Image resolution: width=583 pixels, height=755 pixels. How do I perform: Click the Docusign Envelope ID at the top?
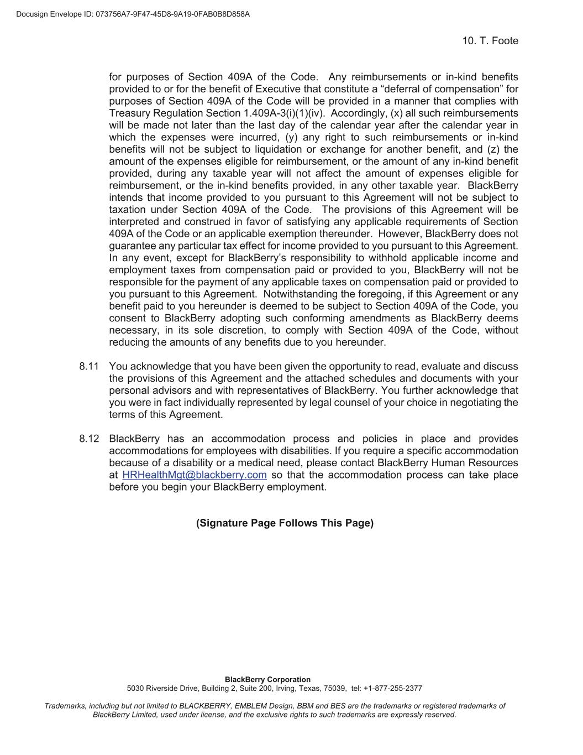click(x=133, y=14)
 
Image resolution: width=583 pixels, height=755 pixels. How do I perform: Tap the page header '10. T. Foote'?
click(x=490, y=41)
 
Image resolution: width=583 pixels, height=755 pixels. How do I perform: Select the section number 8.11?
click(x=88, y=366)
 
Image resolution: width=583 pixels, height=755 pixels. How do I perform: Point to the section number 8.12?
click(x=88, y=439)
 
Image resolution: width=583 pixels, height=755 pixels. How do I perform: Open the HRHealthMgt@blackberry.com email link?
click(x=194, y=475)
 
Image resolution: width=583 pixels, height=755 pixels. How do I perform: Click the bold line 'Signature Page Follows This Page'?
click(x=285, y=523)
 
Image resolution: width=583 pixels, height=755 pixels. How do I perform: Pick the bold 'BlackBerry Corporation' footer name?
click(x=267, y=679)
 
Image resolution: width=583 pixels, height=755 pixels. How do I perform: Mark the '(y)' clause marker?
click(x=291, y=137)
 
